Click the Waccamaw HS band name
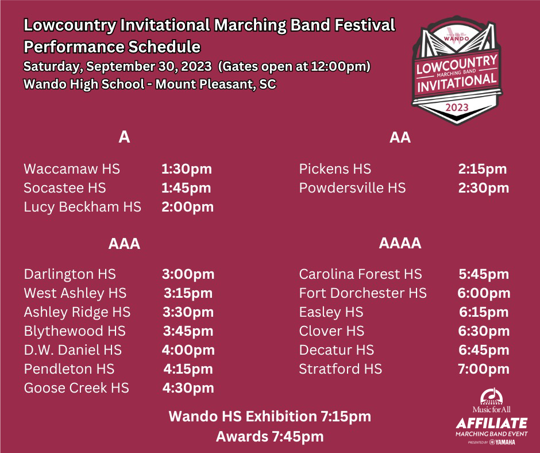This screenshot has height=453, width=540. [x=72, y=169]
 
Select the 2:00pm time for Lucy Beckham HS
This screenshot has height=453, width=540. [x=188, y=207]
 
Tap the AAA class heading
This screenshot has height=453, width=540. [x=124, y=244]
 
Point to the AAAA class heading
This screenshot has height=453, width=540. [x=400, y=243]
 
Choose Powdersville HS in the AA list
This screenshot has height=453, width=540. [x=352, y=188]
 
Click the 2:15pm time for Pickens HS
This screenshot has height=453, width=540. [x=483, y=169]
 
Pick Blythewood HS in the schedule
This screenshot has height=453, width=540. [x=75, y=331]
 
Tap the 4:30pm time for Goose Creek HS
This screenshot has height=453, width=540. [x=188, y=388]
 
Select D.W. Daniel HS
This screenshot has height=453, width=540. [x=72, y=350]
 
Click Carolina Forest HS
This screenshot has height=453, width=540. [x=361, y=274]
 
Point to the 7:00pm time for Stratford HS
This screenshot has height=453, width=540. [x=484, y=369]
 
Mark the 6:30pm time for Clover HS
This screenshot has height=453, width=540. [x=484, y=331]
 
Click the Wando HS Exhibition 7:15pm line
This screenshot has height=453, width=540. [x=270, y=416]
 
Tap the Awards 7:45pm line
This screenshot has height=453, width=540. [x=270, y=436]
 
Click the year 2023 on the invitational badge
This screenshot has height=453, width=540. [x=457, y=108]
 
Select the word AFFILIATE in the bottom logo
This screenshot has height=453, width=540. [x=492, y=423]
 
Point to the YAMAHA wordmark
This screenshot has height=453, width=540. [x=505, y=442]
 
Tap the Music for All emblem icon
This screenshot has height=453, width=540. [x=491, y=397]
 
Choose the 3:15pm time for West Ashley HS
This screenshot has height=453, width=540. [x=188, y=293]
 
